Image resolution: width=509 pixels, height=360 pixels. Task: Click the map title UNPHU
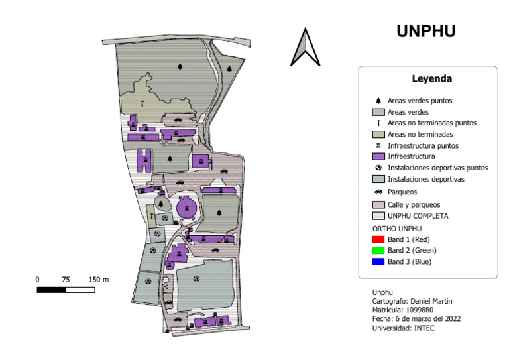426,31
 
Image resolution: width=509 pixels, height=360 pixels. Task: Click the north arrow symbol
305,47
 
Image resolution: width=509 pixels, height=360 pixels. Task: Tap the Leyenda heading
431,78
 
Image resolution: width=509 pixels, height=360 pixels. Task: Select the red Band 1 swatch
378,239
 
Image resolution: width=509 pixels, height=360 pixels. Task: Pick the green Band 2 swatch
378,251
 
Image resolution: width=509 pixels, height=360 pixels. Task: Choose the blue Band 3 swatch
378,261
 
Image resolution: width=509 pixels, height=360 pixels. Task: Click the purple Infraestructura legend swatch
378,156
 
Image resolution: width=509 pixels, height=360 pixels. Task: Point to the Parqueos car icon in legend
378,192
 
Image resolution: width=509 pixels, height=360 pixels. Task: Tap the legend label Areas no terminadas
420,134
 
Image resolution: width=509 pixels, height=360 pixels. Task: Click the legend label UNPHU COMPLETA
418,216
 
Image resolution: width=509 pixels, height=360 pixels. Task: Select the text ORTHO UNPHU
397,229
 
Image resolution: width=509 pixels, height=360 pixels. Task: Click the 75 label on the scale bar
66,280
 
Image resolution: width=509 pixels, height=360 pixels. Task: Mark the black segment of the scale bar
51,290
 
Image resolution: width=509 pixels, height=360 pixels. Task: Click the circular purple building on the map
186,208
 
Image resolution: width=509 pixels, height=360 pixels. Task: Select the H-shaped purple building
144,160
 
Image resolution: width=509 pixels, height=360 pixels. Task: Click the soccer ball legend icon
378,168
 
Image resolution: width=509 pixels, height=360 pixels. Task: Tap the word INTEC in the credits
424,328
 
